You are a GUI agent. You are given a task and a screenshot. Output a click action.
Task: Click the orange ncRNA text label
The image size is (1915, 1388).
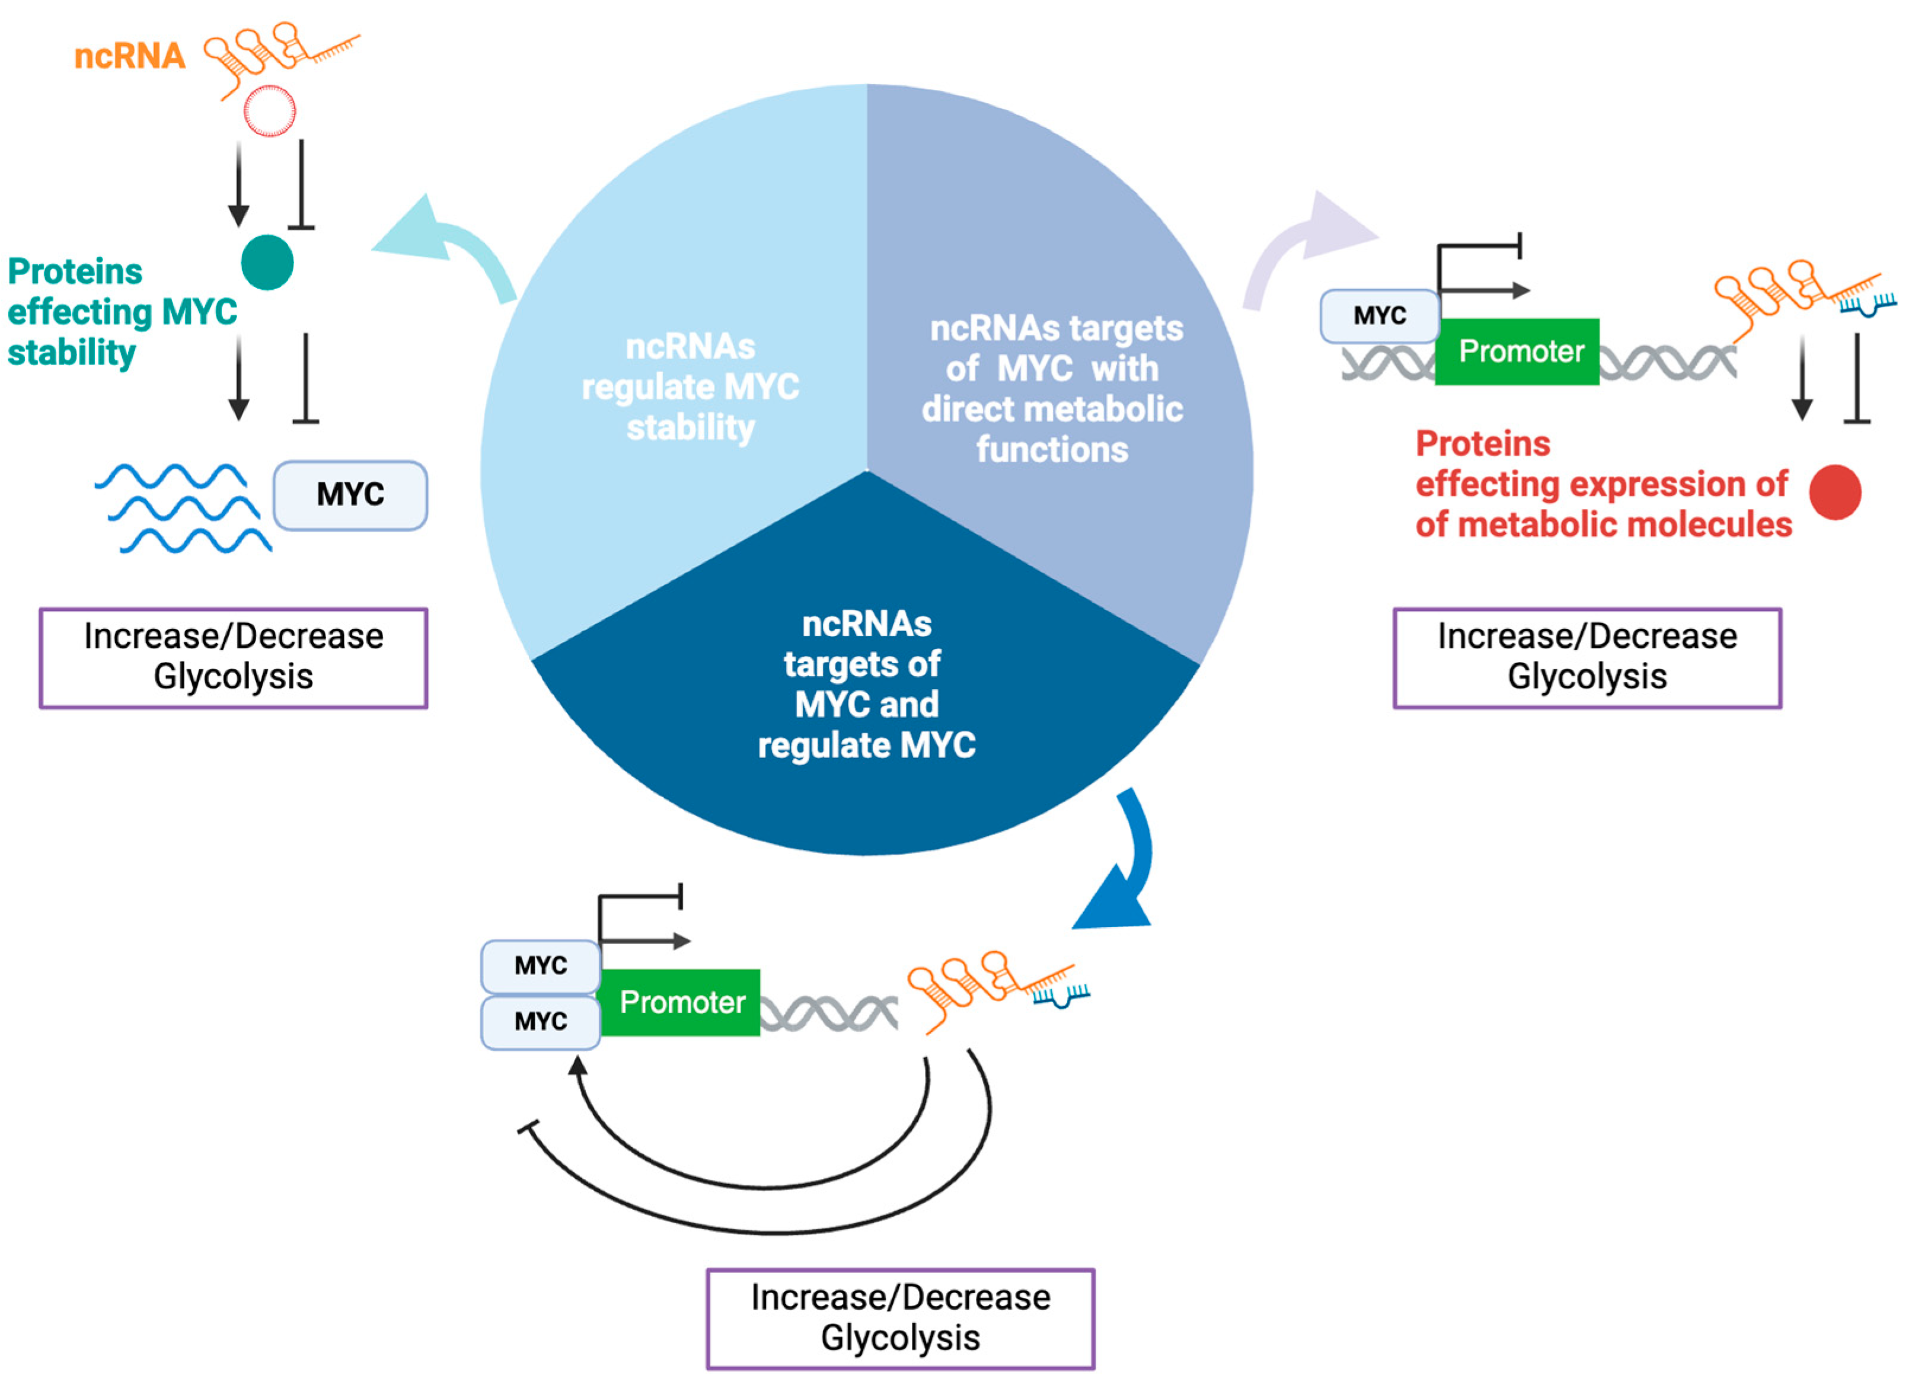(129, 56)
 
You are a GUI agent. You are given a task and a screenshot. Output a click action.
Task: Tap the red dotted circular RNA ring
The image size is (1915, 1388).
(269, 111)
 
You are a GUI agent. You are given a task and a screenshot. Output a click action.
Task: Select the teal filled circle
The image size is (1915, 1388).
(267, 263)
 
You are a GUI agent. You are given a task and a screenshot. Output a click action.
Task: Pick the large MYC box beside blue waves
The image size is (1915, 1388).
(350, 495)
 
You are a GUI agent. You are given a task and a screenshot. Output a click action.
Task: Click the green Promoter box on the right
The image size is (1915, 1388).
(1517, 351)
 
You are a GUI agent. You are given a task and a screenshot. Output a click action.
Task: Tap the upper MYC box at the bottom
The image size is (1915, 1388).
(540, 965)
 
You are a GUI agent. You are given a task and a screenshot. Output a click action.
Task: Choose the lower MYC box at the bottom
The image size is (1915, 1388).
(540, 1022)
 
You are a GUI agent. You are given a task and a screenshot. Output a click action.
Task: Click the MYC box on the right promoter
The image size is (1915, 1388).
(1379, 316)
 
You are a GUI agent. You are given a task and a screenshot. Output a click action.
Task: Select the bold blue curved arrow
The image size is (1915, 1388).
(1123, 869)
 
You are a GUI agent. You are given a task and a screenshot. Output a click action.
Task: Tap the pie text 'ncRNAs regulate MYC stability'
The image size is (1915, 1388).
(690, 386)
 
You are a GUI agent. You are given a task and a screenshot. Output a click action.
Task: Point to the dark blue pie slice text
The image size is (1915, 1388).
(866, 684)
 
